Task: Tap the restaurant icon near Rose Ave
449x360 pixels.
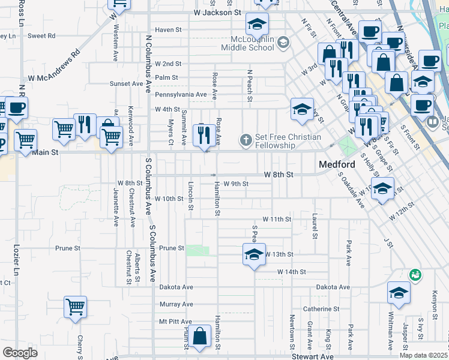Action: click(204, 134)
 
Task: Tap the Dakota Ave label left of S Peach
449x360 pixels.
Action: click(176, 287)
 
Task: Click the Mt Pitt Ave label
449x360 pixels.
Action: click(175, 322)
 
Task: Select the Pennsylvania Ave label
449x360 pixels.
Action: click(181, 95)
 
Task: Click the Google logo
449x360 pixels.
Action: click(20, 353)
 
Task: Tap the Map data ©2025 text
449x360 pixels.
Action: click(423, 355)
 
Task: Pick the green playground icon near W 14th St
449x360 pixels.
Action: click(414, 275)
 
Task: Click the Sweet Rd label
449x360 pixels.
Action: click(41, 36)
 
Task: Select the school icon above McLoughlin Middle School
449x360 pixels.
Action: click(257, 24)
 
